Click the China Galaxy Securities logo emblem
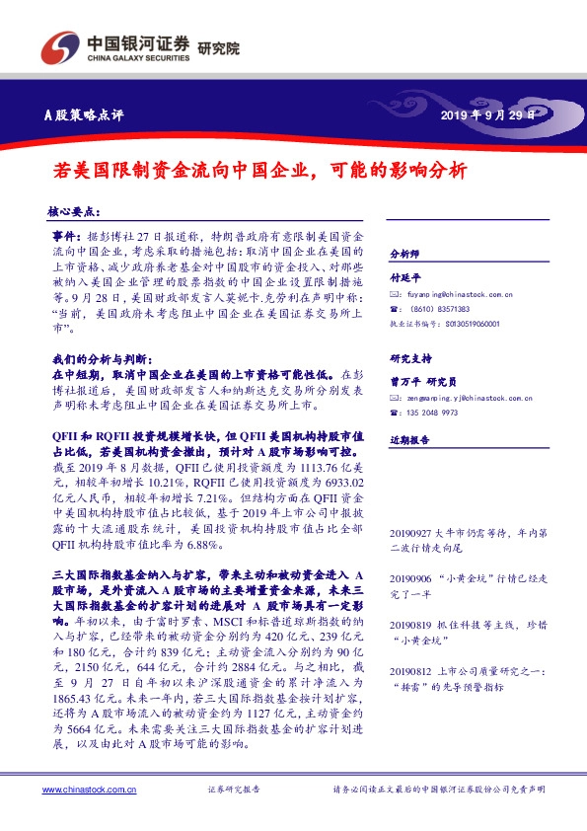[x=59, y=46]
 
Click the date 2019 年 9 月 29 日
[x=489, y=115]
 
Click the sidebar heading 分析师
[x=405, y=254]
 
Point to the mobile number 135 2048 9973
[x=440, y=414]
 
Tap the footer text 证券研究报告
[x=234, y=790]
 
